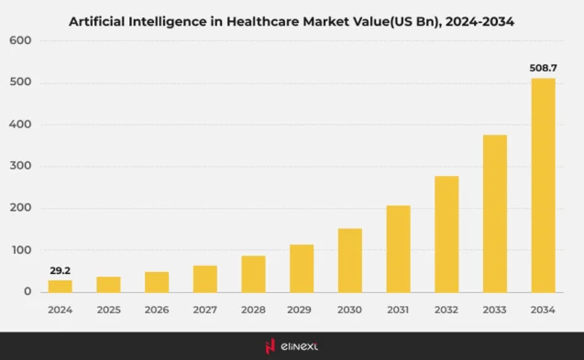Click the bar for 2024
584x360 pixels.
pyautogui.click(x=60, y=286)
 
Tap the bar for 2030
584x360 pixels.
pyautogui.click(x=350, y=260)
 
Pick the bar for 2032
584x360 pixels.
pyautogui.click(x=446, y=234)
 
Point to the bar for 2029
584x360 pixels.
pyautogui.click(x=302, y=268)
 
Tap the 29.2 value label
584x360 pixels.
pyautogui.click(x=60, y=270)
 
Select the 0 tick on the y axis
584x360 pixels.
pyautogui.click(x=28, y=292)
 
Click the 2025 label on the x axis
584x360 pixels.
pyautogui.click(x=108, y=311)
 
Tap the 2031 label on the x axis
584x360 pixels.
pyautogui.click(x=399, y=311)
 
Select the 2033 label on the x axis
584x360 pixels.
pyautogui.click(x=495, y=311)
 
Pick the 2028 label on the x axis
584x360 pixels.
pyautogui.click(x=253, y=311)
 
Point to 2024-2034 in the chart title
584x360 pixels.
pyautogui.click(x=471, y=20)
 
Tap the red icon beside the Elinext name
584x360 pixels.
pyautogui.click(x=270, y=346)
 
